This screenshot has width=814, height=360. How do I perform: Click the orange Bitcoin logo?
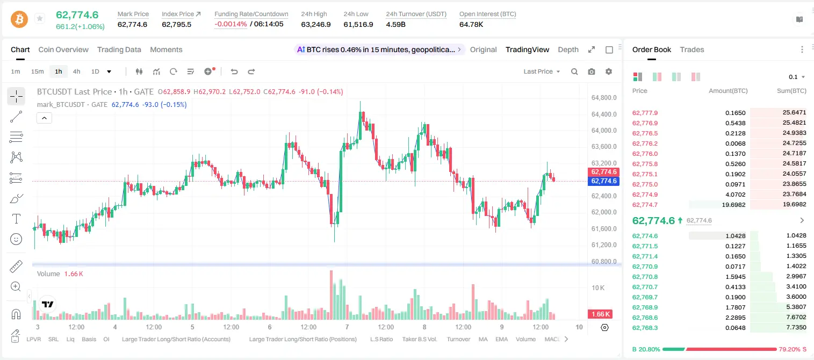click(19, 19)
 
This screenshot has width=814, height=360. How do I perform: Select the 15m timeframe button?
click(38, 71)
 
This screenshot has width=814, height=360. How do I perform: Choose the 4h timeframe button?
click(76, 71)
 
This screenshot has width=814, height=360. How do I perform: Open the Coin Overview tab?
click(63, 49)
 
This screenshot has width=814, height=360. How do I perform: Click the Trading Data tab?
click(119, 49)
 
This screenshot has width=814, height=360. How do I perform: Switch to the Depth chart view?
click(568, 49)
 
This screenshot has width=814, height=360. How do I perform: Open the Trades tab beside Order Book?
click(692, 49)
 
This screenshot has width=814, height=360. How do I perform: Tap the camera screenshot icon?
click(592, 71)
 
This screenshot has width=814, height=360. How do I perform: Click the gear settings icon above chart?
click(609, 71)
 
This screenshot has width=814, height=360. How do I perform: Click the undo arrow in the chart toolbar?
click(234, 71)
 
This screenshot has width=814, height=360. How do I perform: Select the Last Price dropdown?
click(542, 71)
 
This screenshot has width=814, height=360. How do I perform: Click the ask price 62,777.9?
click(645, 113)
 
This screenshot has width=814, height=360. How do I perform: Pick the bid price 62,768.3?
click(645, 328)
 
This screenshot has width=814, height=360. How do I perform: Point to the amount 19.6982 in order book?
click(733, 205)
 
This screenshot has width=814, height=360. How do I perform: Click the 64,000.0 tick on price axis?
click(604, 131)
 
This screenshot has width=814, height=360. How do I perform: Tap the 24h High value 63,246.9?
click(316, 24)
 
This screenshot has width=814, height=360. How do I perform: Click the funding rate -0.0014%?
click(230, 24)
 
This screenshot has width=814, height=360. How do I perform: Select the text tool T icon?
click(16, 219)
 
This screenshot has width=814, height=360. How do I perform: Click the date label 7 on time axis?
click(347, 327)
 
